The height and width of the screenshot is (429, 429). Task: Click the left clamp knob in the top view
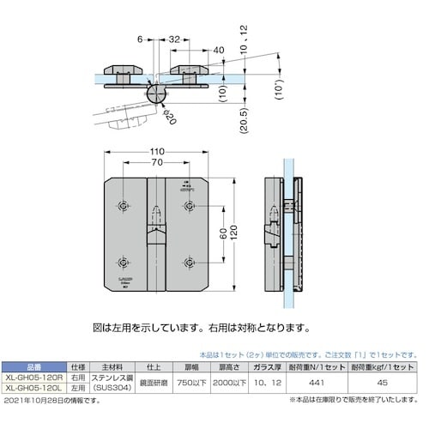point(122,70)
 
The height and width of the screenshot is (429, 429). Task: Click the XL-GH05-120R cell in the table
point(32,377)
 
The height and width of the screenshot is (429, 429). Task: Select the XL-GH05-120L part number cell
point(32,386)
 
